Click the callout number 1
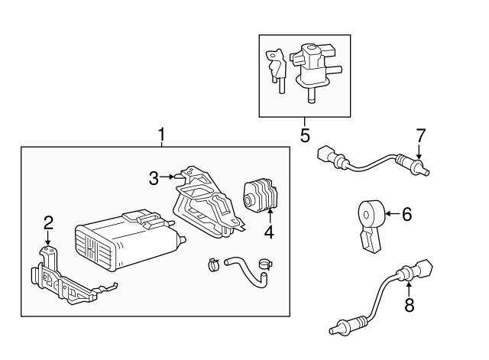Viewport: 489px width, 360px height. point(161,135)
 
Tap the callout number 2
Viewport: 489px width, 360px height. point(48,223)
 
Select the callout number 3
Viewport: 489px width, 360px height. point(154,178)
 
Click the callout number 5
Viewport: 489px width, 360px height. point(304,136)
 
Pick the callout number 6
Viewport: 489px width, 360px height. point(406,215)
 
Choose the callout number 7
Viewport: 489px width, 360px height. point(419,136)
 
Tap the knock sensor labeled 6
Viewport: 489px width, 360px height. point(372,217)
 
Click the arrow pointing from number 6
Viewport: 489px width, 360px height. point(392,215)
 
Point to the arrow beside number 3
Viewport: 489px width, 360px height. point(168,177)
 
